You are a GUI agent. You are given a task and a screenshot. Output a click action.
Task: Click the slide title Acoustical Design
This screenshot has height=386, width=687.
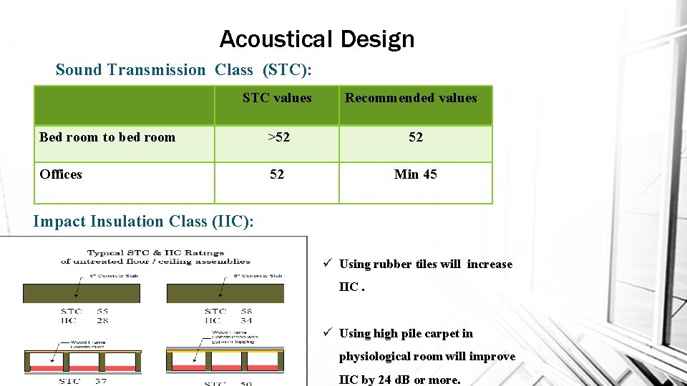coord(316,39)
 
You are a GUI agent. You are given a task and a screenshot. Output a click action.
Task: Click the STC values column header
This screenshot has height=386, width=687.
coord(277,98)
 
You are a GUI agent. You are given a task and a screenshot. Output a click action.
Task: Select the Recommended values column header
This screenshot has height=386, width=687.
coord(411,98)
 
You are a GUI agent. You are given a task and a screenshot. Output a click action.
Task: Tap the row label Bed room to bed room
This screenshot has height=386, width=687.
coord(107,137)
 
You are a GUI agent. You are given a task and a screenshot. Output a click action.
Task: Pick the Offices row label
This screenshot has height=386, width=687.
coord(61,174)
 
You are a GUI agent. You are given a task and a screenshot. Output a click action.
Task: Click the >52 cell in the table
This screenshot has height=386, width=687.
coord(278,137)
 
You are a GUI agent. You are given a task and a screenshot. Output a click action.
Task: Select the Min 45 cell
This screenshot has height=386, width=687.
coord(415,174)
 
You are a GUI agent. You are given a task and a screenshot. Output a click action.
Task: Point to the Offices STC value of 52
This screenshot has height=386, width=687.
coord(277,174)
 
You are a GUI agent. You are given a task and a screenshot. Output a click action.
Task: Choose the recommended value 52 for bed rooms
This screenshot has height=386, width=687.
coord(416,137)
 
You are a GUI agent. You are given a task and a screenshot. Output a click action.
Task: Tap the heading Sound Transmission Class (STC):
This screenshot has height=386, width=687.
coord(183,69)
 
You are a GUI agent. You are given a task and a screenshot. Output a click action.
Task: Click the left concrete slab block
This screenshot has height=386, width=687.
coord(82,293)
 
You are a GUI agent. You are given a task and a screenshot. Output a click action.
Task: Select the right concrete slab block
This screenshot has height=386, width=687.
coord(225,293)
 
